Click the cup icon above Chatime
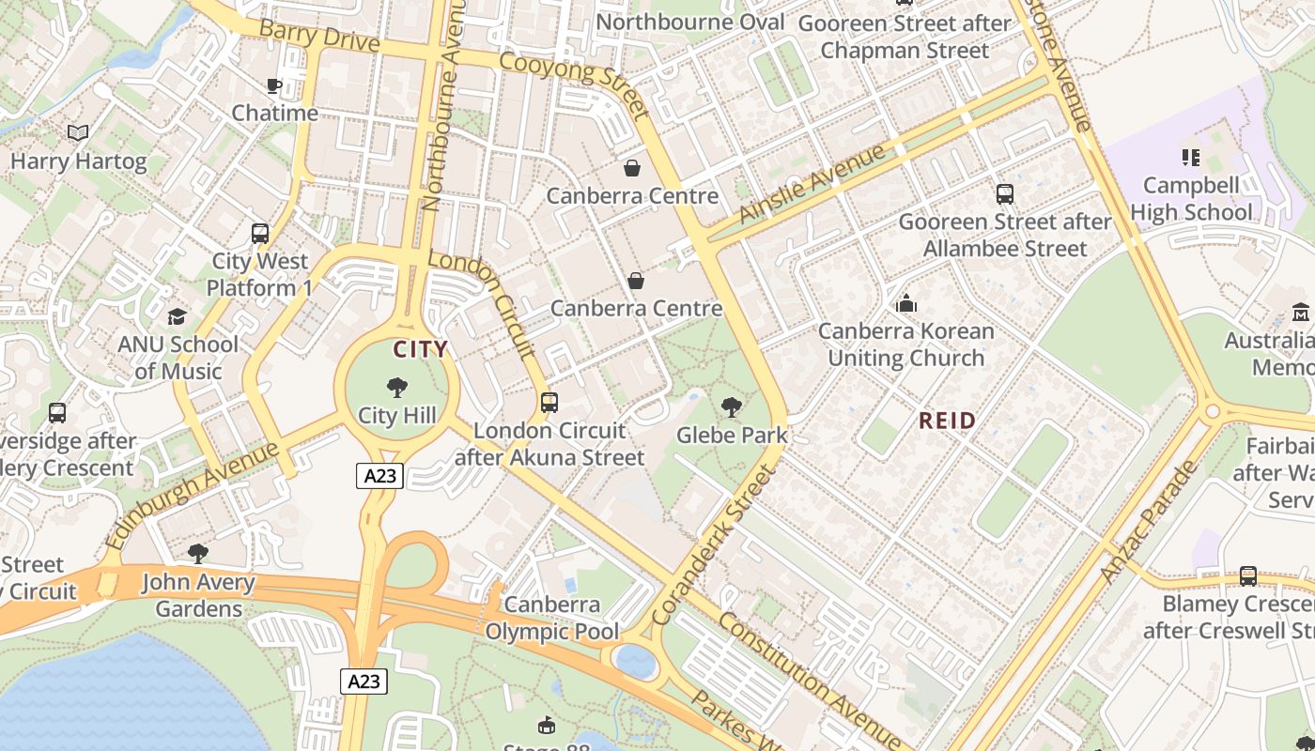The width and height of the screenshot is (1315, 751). tap(274, 86)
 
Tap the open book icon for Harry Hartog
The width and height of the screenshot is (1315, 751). tap(78, 133)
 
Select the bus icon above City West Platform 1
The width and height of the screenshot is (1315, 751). tap(260, 233)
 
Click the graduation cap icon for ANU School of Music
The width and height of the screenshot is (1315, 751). tap(177, 316)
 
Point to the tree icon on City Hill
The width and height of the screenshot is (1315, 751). tap(397, 387)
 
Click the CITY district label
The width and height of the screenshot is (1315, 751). tap(420, 349)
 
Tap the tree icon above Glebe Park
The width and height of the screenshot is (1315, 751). tap(731, 407)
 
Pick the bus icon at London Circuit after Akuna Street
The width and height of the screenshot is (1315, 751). tap(549, 403)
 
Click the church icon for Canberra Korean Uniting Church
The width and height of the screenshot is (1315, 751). tap(905, 303)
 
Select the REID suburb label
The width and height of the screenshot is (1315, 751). tap(947, 421)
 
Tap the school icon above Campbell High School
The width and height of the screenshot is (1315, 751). tap(1190, 157)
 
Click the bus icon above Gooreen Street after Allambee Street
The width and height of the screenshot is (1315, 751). tap(1004, 194)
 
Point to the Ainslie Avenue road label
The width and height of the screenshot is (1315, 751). tap(812, 183)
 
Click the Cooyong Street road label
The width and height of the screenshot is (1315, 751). tap(575, 85)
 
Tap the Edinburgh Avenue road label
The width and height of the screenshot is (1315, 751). tap(192, 495)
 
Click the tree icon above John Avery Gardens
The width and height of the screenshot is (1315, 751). tap(197, 554)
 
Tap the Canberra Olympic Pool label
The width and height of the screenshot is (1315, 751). tap(551, 618)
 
